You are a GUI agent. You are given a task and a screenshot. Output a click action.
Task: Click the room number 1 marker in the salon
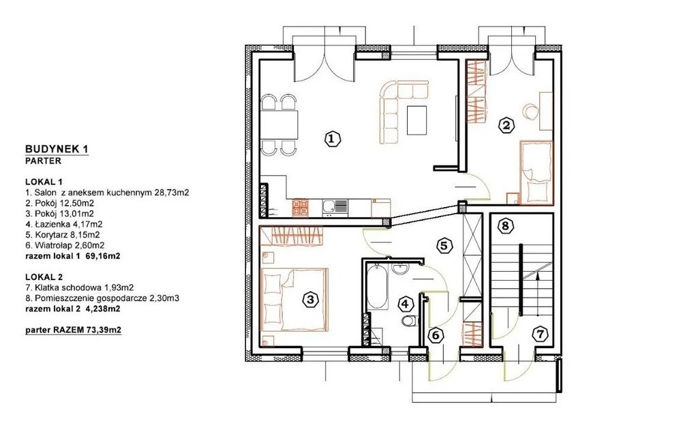pyautogui.click(x=332, y=139)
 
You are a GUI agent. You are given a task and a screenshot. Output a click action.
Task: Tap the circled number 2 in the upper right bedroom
pyautogui.click(x=506, y=125)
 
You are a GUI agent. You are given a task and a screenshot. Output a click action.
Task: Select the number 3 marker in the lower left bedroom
pyautogui.click(x=310, y=300)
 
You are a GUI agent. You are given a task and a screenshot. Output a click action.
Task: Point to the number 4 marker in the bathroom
pyautogui.click(x=405, y=304)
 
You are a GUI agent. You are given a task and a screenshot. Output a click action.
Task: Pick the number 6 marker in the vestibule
pyautogui.click(x=436, y=334)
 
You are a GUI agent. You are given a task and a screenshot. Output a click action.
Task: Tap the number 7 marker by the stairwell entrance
pyautogui.click(x=541, y=334)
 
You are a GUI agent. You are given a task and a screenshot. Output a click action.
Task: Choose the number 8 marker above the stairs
pyautogui.click(x=505, y=225)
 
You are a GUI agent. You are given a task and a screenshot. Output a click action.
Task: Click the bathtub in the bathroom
pyautogui.click(x=377, y=286)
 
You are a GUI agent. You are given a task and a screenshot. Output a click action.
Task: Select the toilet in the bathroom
pyautogui.click(x=409, y=321)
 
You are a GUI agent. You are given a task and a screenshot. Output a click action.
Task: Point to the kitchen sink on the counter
pyautogui.click(x=335, y=206)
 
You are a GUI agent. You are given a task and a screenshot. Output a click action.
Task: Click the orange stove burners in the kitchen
pyautogui.click(x=300, y=208)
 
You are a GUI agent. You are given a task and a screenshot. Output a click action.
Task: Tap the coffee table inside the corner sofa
pyautogui.click(x=417, y=120)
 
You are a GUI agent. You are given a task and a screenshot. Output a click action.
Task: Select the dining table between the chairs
pyautogui.click(x=279, y=125)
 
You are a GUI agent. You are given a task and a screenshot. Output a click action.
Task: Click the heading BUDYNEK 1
pyautogui.click(x=57, y=149)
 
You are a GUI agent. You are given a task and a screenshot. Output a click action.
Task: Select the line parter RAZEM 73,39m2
pyautogui.click(x=74, y=330)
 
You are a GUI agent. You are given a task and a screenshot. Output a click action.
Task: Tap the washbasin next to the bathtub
pyautogui.click(x=399, y=268)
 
